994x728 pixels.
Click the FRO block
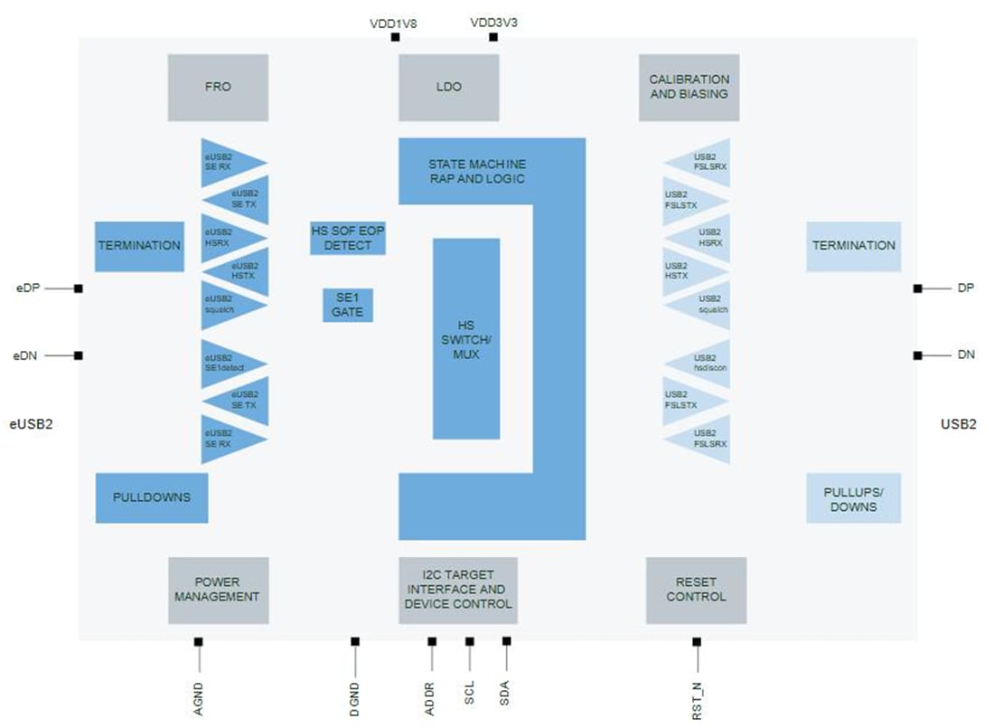tap(218, 87)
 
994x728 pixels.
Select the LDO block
tap(448, 87)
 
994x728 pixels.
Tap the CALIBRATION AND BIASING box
tap(689, 87)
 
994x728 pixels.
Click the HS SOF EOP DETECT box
tap(348, 238)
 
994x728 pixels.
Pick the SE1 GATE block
tap(348, 305)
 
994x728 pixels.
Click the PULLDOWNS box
tap(151, 497)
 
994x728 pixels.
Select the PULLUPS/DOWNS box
tap(853, 498)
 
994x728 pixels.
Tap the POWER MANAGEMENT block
tap(218, 590)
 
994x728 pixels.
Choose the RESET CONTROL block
tap(696, 590)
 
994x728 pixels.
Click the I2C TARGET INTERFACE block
tap(458, 590)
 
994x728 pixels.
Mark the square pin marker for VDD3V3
tap(493, 37)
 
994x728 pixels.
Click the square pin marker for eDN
tap(79, 355)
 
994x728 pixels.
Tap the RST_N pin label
tap(697, 702)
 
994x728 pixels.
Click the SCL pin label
tap(469, 695)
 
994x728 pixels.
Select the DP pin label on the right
tap(964, 288)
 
